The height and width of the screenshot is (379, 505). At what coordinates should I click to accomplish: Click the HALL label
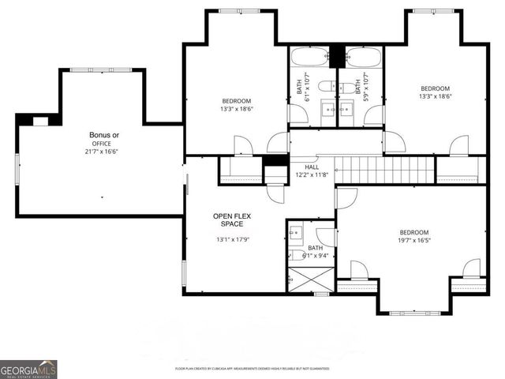click(312, 167)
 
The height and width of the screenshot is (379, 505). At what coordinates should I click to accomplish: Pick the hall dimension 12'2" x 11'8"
click(312, 175)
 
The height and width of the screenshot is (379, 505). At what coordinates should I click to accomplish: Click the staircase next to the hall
click(384, 170)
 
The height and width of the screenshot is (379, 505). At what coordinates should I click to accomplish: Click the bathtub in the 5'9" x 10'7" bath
click(363, 58)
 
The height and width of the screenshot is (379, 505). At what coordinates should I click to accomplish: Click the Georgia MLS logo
click(28, 370)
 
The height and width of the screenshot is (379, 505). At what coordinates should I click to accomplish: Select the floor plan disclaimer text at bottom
click(252, 369)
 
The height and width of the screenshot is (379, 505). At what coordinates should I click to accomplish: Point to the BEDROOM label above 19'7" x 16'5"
click(413, 232)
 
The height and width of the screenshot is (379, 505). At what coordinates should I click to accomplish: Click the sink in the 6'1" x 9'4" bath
click(295, 233)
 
